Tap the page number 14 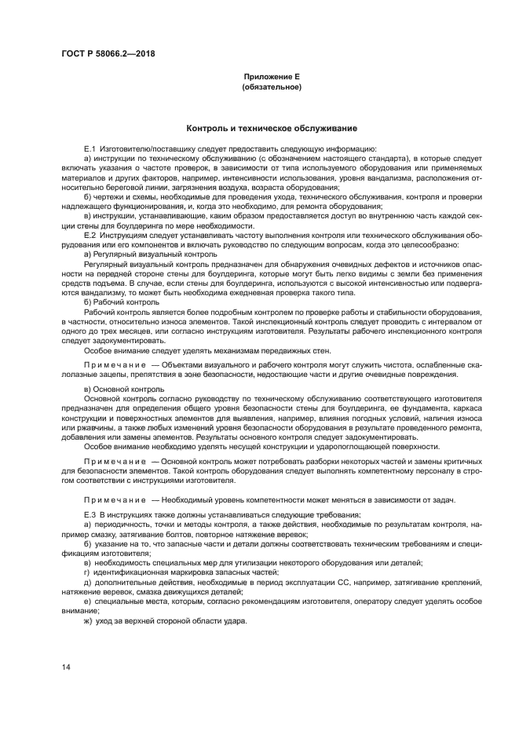tap(67, 667)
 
